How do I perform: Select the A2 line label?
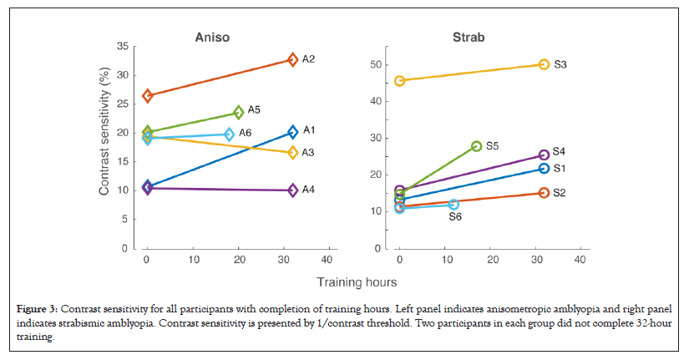[308, 59]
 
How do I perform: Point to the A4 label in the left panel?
[308, 190]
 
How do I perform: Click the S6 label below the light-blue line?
[455, 217]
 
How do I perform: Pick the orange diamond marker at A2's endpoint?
[292, 59]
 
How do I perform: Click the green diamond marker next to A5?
[238, 112]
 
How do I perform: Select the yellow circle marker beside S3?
[544, 64]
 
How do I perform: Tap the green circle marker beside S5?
[476, 146]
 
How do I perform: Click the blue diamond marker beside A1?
[292, 132]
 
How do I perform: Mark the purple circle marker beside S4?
[544, 155]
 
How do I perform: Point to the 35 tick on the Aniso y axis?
[122, 47]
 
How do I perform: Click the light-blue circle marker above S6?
[453, 204]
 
